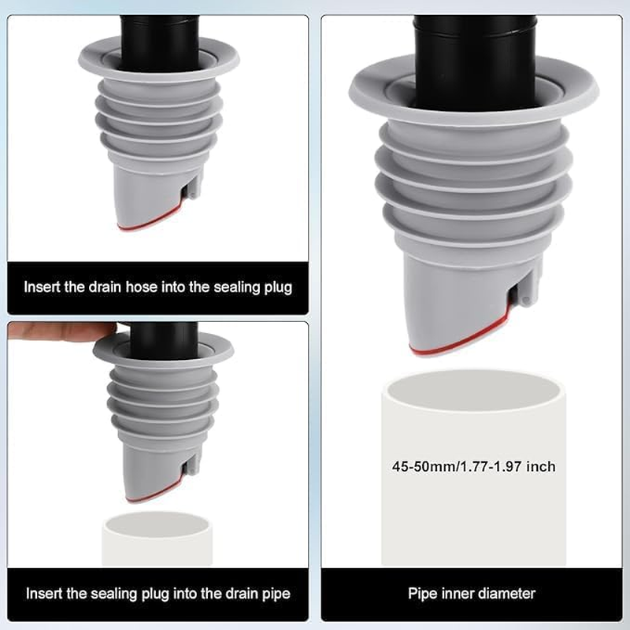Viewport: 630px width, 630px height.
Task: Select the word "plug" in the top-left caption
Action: pos(276,287)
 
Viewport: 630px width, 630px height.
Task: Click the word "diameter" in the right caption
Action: pos(506,593)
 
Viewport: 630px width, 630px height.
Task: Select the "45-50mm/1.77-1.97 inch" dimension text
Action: pos(473,466)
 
